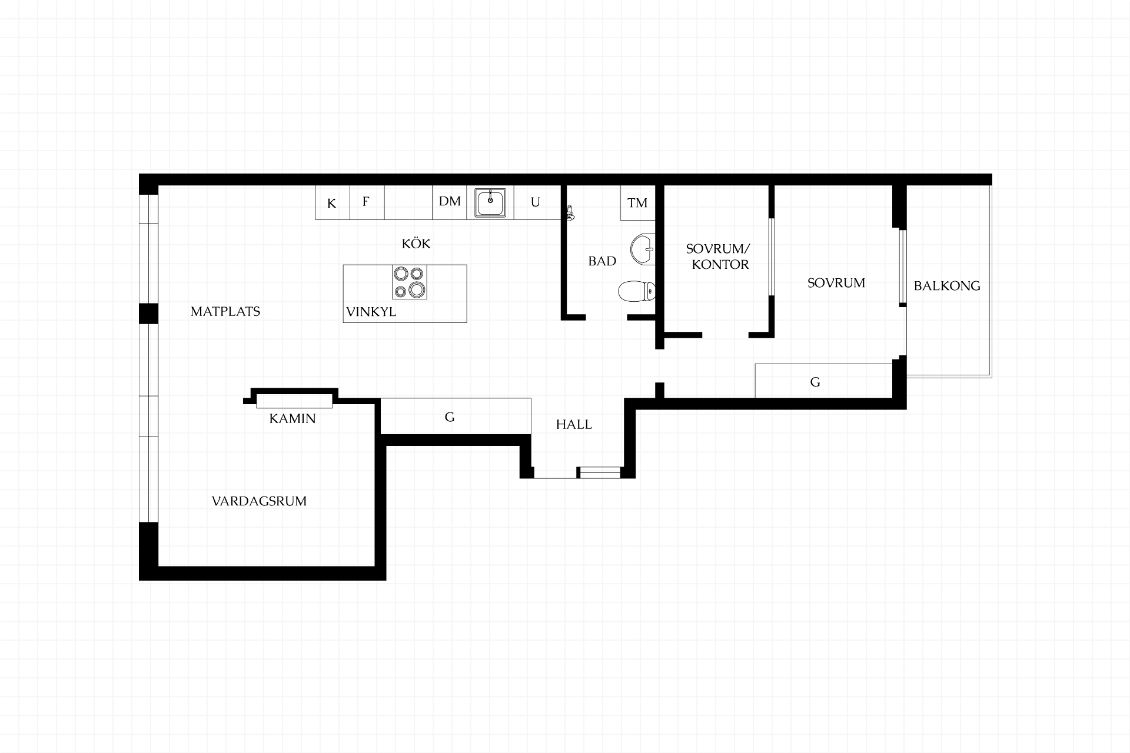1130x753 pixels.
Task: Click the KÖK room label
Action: (x=416, y=243)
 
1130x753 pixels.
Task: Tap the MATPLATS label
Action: (x=225, y=311)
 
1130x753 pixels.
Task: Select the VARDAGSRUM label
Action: (x=259, y=501)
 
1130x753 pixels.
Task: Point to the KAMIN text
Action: (x=293, y=418)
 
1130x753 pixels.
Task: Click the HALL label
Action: (x=574, y=424)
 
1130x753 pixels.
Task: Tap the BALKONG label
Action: (x=947, y=286)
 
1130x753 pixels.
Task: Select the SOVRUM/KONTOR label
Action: (x=719, y=256)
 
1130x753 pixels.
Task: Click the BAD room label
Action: (x=602, y=261)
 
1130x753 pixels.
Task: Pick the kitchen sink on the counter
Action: (x=490, y=202)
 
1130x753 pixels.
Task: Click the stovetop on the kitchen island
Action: (x=410, y=282)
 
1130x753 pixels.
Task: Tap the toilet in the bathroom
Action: (x=637, y=291)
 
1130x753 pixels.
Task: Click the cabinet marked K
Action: (x=333, y=203)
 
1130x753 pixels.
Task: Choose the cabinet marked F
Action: (x=367, y=203)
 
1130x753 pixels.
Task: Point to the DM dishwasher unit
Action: (x=450, y=203)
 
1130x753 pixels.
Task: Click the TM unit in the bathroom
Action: (x=638, y=203)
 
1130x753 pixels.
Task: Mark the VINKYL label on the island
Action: (x=371, y=312)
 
